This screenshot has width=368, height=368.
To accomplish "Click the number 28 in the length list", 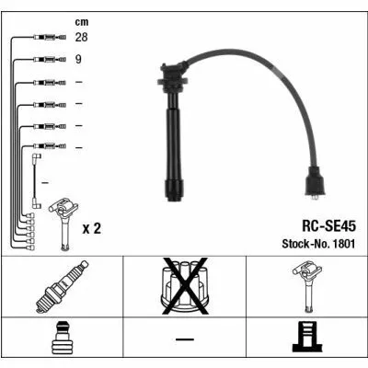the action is click(x=81, y=37).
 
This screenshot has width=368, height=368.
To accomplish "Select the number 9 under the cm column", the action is click(x=78, y=59).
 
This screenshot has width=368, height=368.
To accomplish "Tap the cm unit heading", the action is click(x=82, y=22).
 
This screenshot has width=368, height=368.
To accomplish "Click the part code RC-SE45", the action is click(x=328, y=226).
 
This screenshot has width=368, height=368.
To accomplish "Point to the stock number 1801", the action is click(x=344, y=244).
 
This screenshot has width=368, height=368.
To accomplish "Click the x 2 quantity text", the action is click(x=91, y=228).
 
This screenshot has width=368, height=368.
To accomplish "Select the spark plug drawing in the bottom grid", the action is click(x=62, y=286).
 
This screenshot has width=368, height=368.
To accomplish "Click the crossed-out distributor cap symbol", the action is click(x=185, y=286).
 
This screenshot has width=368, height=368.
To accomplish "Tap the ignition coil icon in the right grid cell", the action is click(x=307, y=286).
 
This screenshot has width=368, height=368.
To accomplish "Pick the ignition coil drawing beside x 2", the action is click(x=63, y=224).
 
